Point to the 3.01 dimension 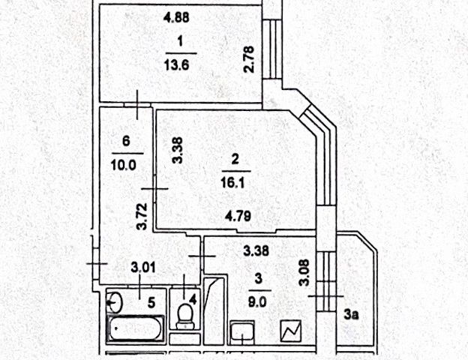tap(143, 267)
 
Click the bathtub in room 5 tap(136, 328)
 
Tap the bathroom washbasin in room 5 tap(114, 302)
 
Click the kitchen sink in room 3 tap(242, 331)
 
